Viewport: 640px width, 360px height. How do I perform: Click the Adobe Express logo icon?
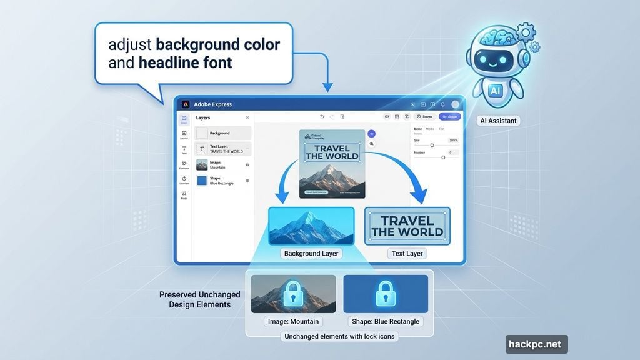click(x=186, y=104)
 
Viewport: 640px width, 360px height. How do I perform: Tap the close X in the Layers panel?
click(x=247, y=117)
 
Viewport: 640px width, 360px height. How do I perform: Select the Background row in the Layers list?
click(x=223, y=133)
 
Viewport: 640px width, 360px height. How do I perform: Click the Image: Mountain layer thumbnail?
click(x=202, y=165)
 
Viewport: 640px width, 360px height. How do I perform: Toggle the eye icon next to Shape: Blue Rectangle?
click(x=247, y=181)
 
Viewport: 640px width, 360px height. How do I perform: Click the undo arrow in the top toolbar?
click(x=322, y=116)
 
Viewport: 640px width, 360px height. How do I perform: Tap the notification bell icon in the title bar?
click(x=442, y=104)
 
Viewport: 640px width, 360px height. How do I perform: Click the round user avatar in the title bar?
click(x=456, y=104)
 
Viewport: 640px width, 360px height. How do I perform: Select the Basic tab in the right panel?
click(x=418, y=129)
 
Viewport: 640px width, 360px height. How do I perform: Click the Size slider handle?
click(x=432, y=145)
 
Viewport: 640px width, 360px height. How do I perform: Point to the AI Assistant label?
click(x=498, y=121)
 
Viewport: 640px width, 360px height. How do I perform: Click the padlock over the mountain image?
click(x=293, y=293)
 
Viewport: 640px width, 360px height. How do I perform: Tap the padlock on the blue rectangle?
click(x=385, y=293)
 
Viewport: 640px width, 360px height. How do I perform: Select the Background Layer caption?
click(x=311, y=254)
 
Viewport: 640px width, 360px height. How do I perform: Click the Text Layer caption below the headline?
click(x=407, y=254)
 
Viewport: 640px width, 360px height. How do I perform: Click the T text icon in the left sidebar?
click(x=184, y=147)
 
